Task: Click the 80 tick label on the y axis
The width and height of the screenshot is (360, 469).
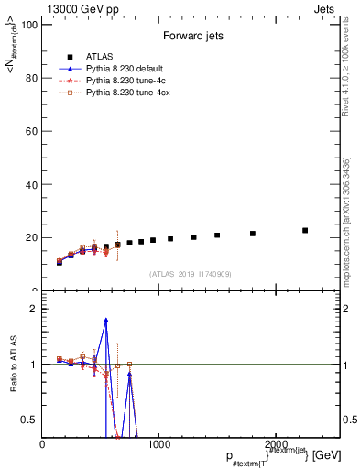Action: click(30, 78)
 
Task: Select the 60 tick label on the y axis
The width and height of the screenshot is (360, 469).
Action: click(30, 131)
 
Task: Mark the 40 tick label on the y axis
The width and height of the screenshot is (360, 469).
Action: click(30, 184)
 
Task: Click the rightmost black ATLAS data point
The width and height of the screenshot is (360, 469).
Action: click(305, 230)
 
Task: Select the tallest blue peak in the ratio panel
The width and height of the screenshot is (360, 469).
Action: click(106, 321)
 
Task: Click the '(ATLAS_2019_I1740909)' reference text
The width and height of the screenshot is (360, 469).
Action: click(191, 273)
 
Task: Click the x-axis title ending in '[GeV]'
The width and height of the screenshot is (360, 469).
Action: click(270, 455)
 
